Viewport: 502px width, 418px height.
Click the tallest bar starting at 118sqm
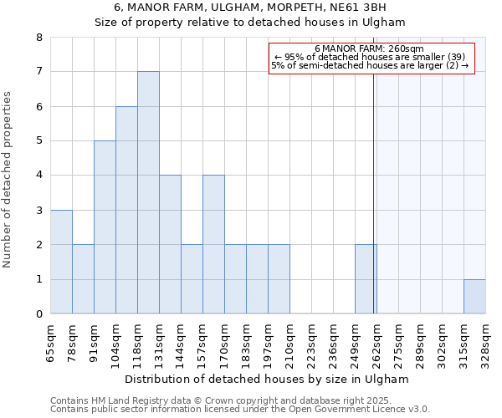point(148,192)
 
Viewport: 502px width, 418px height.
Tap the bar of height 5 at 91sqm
point(105,227)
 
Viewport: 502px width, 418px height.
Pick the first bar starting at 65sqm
point(61,262)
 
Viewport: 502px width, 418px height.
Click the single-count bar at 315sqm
point(474,297)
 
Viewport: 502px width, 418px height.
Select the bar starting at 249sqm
point(366,279)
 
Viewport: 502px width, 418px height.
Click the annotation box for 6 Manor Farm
point(371,57)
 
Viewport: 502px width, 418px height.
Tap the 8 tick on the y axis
point(38,38)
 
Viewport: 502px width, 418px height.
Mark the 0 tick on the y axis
point(38,314)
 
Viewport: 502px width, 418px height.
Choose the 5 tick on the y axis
point(38,141)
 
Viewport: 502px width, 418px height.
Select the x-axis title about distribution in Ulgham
point(268,379)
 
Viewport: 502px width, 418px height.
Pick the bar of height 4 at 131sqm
point(170,244)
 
